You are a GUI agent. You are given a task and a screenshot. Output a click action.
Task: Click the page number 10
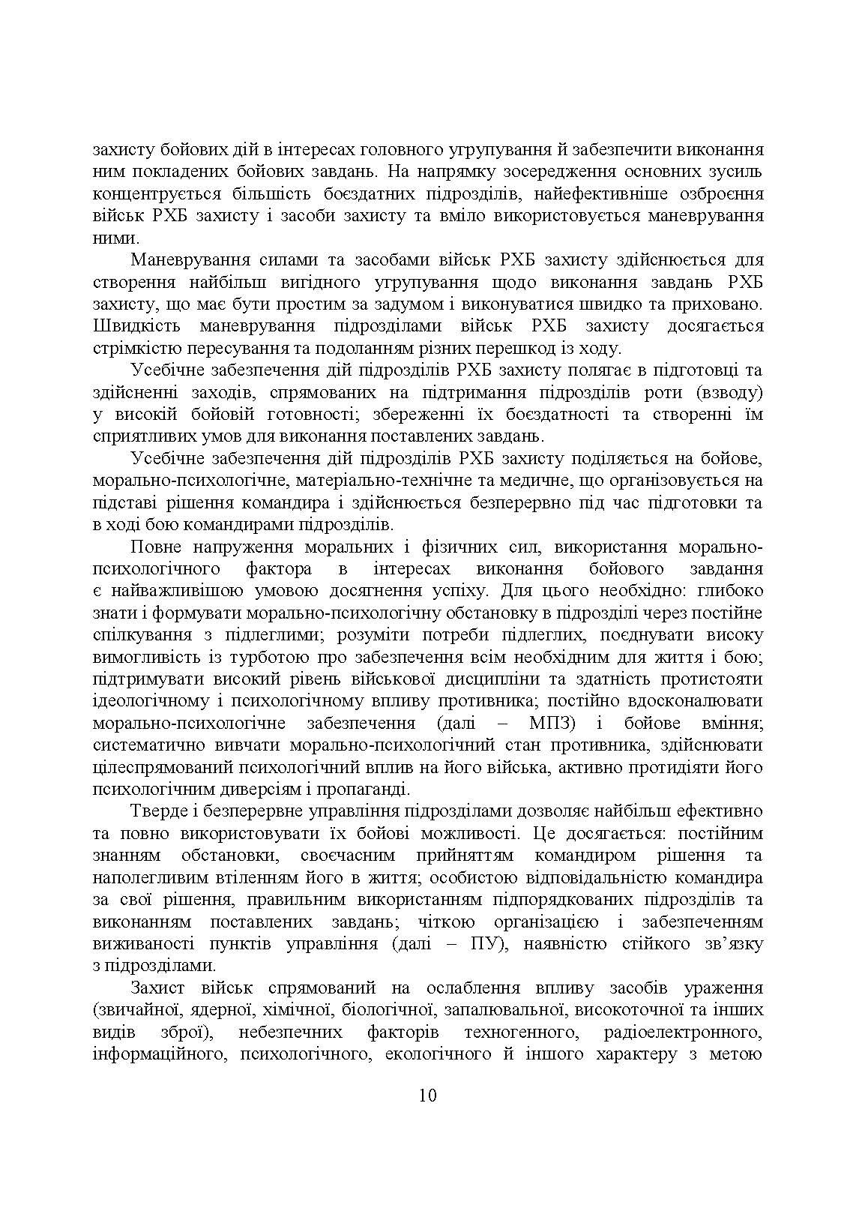click(x=427, y=1096)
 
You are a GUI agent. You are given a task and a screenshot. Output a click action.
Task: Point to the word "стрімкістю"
click(x=140, y=348)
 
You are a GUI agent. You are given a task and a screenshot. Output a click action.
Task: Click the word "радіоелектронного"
click(x=683, y=1033)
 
